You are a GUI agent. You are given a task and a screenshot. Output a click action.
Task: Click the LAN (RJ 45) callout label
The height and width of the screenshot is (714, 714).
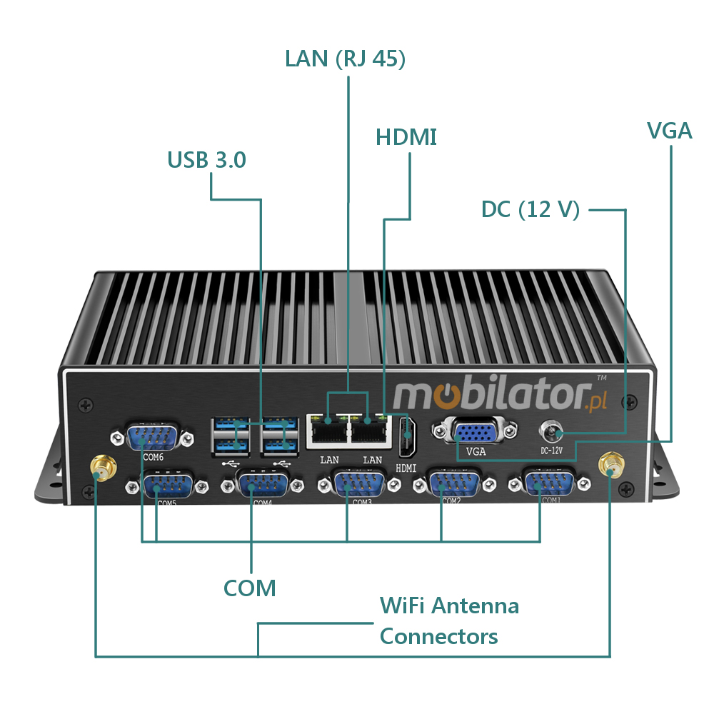coord(346,59)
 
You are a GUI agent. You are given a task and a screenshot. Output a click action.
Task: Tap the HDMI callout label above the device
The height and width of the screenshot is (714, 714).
coord(406,137)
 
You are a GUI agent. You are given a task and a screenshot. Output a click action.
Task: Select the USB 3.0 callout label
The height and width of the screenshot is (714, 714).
coord(207,160)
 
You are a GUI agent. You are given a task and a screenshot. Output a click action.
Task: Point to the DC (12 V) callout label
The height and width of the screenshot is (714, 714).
coord(531,209)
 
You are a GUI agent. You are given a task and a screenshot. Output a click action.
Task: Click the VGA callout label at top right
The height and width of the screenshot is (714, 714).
coord(669,131)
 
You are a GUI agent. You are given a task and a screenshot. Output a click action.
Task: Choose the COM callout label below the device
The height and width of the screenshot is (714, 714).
coord(250,588)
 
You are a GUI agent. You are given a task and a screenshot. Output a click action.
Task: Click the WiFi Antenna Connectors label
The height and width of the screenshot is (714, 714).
coord(449,621)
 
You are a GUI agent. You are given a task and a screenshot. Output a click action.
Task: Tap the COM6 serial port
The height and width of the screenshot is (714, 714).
coord(151,436)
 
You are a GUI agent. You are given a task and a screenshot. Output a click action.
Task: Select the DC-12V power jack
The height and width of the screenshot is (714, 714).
coord(553,431)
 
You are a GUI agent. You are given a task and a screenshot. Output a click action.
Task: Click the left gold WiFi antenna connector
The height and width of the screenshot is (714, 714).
coord(101,470)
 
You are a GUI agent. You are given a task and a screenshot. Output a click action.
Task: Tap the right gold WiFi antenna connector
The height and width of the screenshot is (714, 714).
coord(610,465)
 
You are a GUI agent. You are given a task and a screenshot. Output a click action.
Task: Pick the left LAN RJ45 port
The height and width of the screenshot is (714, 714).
coord(328,431)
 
